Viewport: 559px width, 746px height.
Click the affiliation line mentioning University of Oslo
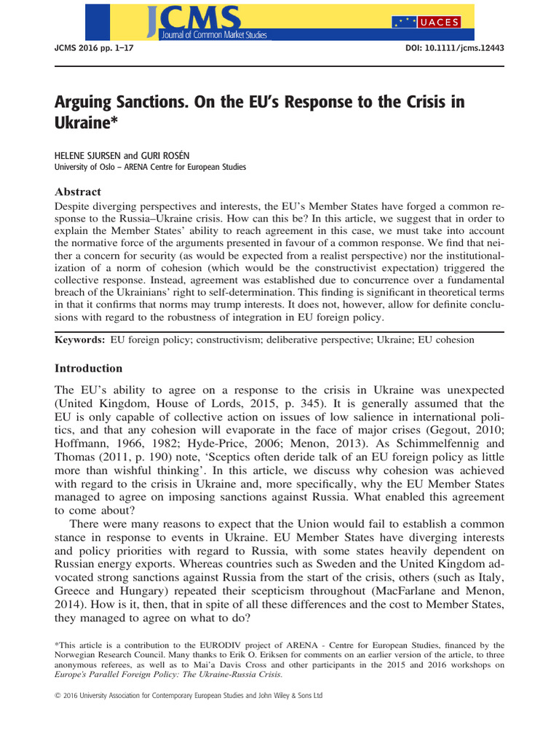click(150, 167)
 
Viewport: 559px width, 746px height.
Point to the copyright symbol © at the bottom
click(58, 696)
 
